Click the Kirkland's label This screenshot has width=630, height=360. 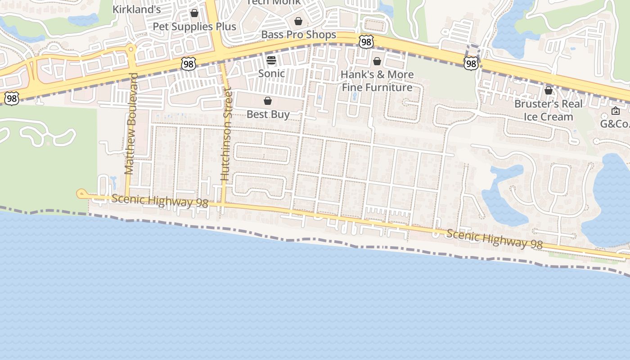[x=136, y=9]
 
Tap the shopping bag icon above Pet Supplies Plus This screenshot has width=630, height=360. [x=194, y=13]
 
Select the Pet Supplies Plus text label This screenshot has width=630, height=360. [x=194, y=27]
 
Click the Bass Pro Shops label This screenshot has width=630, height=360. [x=298, y=35]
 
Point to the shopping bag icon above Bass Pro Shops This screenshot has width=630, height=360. [x=298, y=21]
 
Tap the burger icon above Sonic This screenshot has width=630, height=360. [x=271, y=60]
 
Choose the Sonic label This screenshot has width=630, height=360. [x=271, y=73]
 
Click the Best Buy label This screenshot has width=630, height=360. [x=268, y=114]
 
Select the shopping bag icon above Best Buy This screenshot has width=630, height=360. [x=268, y=101]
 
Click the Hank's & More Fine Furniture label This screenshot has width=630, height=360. [x=377, y=81]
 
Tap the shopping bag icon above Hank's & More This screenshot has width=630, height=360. [x=377, y=61]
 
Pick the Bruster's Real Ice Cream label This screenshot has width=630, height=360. [x=548, y=110]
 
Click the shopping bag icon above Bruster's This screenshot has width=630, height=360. [x=548, y=90]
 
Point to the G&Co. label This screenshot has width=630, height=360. [x=615, y=123]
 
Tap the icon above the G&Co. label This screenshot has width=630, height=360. [x=615, y=111]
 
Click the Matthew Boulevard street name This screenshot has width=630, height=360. [x=130, y=124]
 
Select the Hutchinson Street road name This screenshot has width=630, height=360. [x=226, y=135]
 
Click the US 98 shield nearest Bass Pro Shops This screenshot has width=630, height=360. [x=366, y=42]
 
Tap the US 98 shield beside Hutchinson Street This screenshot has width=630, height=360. [x=189, y=64]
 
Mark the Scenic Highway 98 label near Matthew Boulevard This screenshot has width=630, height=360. [x=160, y=201]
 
